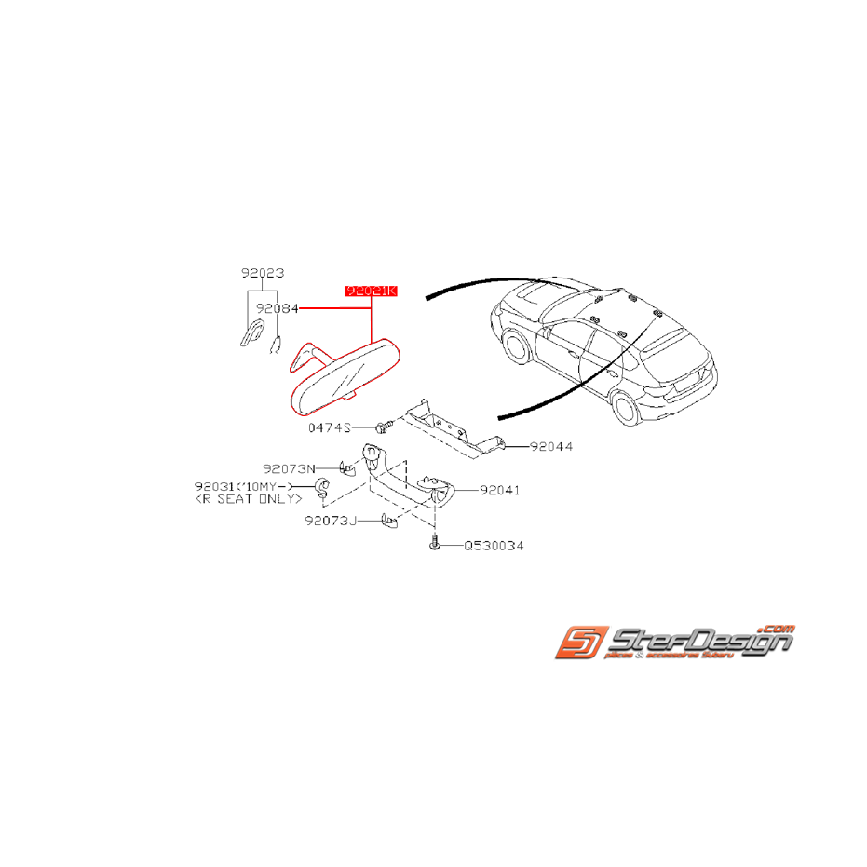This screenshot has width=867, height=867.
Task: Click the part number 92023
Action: click(262, 273)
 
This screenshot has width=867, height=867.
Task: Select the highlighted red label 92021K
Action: click(371, 291)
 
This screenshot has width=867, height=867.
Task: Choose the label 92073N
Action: click(289, 468)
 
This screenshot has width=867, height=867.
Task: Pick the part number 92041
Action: click(499, 489)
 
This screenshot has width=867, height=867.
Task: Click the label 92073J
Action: click(330, 522)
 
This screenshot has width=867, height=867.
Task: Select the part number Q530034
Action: click(494, 546)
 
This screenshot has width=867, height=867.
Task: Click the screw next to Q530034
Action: click(434, 545)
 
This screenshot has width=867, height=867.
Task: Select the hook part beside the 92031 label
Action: click(319, 485)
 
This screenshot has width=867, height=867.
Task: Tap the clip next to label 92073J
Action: click(388, 522)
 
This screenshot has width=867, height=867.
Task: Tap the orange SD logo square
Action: click(579, 643)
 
